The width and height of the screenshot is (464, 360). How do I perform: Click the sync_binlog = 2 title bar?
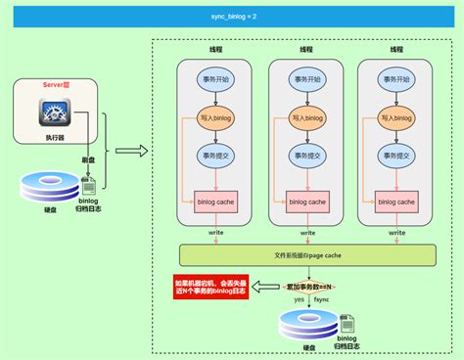pyautogui.click(x=232, y=16)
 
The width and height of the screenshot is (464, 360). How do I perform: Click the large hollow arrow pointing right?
pyautogui.click(x=129, y=152)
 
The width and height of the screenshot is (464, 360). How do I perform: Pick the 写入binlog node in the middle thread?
pyautogui.click(x=307, y=118)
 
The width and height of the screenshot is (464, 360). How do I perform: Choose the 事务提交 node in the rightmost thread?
pyautogui.click(x=398, y=155)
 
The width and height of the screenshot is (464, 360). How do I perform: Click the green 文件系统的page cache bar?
pyautogui.click(x=307, y=255)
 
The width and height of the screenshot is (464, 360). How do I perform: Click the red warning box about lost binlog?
pyautogui.click(x=209, y=289)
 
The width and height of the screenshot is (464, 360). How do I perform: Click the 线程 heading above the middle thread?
pyautogui.click(x=307, y=48)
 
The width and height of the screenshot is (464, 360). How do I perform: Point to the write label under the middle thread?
pyautogui.click(x=307, y=233)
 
